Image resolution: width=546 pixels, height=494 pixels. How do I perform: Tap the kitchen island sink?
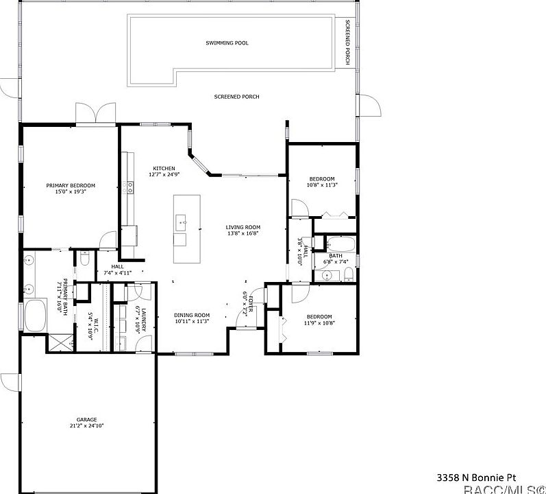(182, 220)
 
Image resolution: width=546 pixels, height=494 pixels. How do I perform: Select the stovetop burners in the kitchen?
(128, 187)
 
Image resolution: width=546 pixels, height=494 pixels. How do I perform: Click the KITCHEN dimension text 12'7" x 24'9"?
(164, 174)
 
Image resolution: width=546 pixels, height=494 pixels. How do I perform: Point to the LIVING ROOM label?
(243, 227)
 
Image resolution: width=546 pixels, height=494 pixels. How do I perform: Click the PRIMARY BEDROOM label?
(71, 185)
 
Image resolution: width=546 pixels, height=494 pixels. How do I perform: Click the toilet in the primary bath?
(84, 259)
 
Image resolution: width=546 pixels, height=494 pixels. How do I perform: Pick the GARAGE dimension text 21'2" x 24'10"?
(86, 425)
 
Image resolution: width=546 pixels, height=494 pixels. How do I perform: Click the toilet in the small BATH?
(349, 275)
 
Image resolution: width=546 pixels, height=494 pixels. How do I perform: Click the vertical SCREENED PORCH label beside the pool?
(347, 43)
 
